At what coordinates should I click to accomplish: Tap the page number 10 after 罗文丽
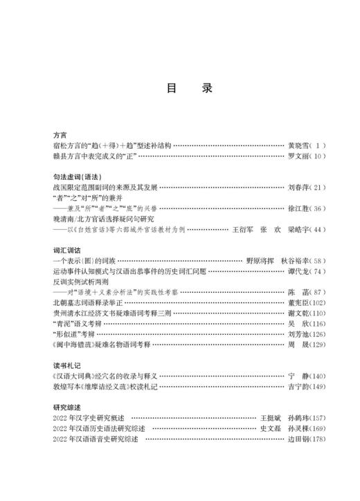[315, 157]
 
